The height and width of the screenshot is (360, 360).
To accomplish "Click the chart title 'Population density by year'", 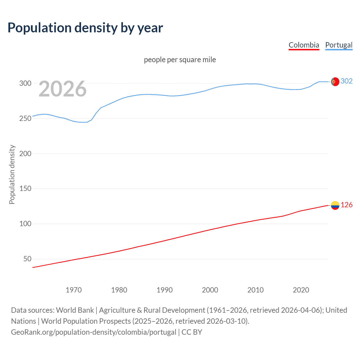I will coord(85,28).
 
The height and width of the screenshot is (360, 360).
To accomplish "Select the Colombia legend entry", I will coord(304,45).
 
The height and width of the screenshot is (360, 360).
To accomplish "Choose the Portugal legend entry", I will coord(339,45).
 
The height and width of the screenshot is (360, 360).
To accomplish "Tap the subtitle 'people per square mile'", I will coord(180,60).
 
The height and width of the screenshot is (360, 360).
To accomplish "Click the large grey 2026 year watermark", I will coord(62,89).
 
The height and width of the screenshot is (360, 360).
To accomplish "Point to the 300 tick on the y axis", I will coord(25,83).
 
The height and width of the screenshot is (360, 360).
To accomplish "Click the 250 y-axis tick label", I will coord(25,118).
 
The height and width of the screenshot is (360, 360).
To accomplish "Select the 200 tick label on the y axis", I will coord(25,154).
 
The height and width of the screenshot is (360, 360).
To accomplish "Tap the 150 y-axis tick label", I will coord(25,188).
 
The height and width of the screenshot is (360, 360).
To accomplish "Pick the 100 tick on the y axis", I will coord(25,224).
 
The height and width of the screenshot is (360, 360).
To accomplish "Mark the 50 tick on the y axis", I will coord(27,259).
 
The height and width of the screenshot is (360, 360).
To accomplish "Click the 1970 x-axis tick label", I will coord(74,290).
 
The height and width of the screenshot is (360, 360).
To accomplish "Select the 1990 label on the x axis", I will coord(165,290).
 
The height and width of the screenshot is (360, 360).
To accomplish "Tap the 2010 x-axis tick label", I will coord(255,290).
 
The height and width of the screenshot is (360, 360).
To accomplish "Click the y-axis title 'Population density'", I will coord(12,174).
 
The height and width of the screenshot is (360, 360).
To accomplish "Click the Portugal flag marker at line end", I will coord(335,82).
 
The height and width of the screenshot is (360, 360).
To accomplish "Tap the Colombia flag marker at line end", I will coord(335,206).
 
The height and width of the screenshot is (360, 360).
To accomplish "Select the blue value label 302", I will coord(346,81).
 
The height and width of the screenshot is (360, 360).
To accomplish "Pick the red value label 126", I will coord(346,205).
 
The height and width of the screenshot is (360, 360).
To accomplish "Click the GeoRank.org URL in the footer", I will coord(94,332).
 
